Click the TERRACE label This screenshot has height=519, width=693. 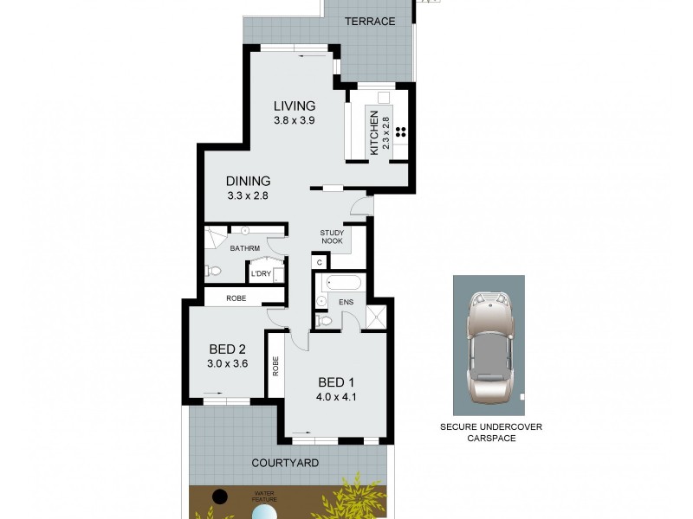pyautogui.click(x=369, y=21)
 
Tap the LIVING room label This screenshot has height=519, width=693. pyautogui.click(x=288, y=106)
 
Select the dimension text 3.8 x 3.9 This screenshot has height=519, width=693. pyautogui.click(x=288, y=121)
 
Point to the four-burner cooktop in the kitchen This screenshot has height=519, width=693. pyautogui.click(x=401, y=132)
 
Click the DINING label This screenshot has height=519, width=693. pyautogui.click(x=249, y=181)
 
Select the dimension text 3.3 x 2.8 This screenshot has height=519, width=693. pyautogui.click(x=249, y=196)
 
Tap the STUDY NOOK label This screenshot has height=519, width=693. pyautogui.click(x=332, y=236)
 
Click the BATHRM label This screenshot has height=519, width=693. pyautogui.click(x=245, y=248)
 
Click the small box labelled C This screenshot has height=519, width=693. pyautogui.click(x=319, y=262)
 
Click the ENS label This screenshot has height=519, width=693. pyautogui.click(x=345, y=302)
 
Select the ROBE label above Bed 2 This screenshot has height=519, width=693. pyautogui.click(x=236, y=298)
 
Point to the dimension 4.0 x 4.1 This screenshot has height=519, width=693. pyautogui.click(x=337, y=398)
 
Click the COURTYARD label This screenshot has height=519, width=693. pyautogui.click(x=285, y=463)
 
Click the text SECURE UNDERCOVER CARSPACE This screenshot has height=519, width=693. pyautogui.click(x=489, y=432)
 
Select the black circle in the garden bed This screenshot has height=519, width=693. pyautogui.click(x=220, y=496)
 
